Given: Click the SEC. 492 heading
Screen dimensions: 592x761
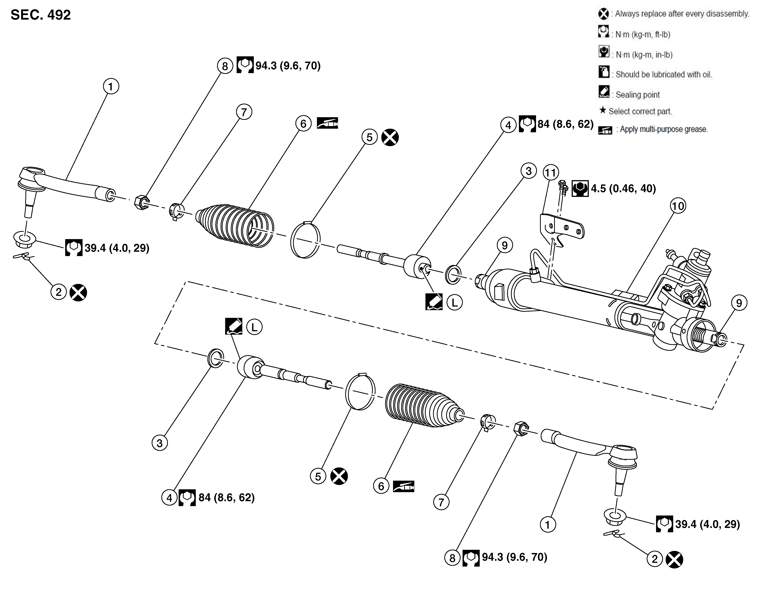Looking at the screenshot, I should [x=41, y=15].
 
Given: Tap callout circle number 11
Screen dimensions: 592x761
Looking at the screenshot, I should [x=551, y=172].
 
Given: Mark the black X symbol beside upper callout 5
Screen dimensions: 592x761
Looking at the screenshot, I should [x=390, y=137].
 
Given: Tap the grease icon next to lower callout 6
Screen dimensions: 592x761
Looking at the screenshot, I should [x=404, y=486].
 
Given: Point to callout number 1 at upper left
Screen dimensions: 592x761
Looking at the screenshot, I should [x=111, y=86].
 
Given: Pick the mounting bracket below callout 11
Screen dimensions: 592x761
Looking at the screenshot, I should [x=561, y=228].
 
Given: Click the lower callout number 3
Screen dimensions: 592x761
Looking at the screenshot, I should [x=160, y=443].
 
